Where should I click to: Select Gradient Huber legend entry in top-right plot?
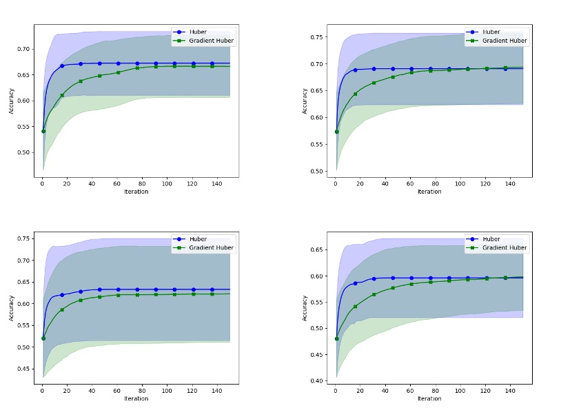pyautogui.click(x=504, y=41)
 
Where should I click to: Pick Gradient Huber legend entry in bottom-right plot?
pyautogui.click(x=504, y=247)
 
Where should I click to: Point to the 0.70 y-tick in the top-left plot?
pyautogui.click(x=24, y=49)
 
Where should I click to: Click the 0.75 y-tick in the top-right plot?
pyautogui.click(x=317, y=37)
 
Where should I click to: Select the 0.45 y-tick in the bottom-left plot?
pyautogui.click(x=24, y=369)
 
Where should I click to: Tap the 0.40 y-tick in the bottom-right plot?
pyautogui.click(x=317, y=380)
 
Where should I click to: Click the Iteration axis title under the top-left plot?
pyautogui.click(x=136, y=192)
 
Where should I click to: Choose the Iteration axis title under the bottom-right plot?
pyautogui.click(x=429, y=398)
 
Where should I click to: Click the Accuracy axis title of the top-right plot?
pyautogui.click(x=305, y=101)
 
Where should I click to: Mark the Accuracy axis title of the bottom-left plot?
pyautogui.click(x=12, y=307)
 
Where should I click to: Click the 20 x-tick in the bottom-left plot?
pyautogui.click(x=67, y=391)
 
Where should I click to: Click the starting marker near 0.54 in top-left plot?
pyautogui.click(x=43, y=131)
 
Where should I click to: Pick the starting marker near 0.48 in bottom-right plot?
pyautogui.click(x=336, y=338)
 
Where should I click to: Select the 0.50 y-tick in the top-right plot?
pyautogui.click(x=317, y=171)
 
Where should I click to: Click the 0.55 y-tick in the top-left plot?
pyautogui.click(x=24, y=127)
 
